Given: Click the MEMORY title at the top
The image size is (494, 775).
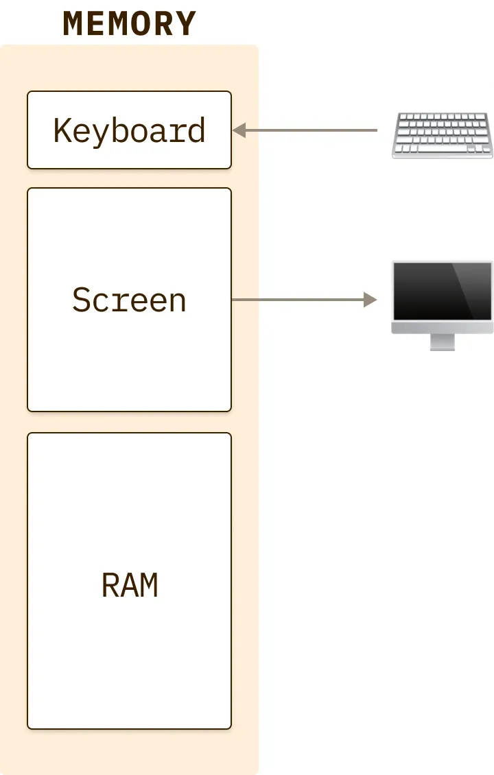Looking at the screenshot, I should [x=129, y=23].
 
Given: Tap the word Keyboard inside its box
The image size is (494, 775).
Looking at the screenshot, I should [x=129, y=130].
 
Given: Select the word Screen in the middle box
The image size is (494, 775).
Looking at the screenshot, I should [x=129, y=300].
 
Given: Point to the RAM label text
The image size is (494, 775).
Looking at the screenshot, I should [x=129, y=585].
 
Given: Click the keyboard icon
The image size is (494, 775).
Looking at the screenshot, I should [x=442, y=136].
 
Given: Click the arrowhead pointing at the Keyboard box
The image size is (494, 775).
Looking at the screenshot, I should [x=239, y=130].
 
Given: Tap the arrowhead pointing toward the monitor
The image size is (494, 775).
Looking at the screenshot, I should [x=370, y=300].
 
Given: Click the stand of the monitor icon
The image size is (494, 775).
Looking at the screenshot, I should [x=442, y=342].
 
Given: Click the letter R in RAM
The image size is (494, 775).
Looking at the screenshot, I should [x=110, y=585].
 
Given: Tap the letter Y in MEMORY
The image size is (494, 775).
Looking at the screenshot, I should [x=185, y=23].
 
